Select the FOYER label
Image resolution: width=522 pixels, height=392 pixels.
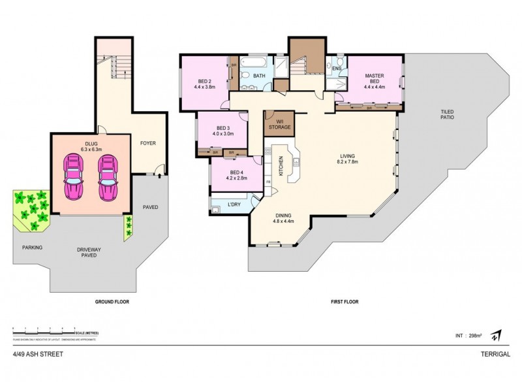[x=147, y=142]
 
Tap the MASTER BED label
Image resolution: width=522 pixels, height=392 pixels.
[x=374, y=79]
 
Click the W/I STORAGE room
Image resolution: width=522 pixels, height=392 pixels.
[x=279, y=123]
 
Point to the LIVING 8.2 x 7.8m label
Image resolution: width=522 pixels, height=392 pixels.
[x=346, y=159]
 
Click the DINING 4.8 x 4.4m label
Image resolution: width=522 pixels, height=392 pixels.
[x=283, y=218]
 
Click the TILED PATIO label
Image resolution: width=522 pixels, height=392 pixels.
[x=446, y=115]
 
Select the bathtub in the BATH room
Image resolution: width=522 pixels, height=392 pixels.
[x=253, y=65]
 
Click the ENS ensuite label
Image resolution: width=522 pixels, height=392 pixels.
[x=337, y=68]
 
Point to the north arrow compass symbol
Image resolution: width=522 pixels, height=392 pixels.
[x=496, y=335]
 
